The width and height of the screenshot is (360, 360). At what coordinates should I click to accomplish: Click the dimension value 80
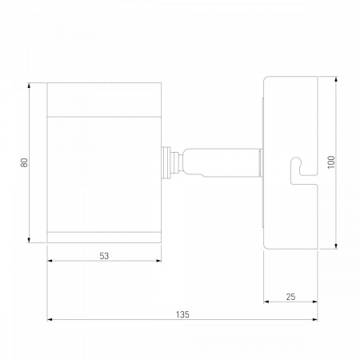tap(24, 162)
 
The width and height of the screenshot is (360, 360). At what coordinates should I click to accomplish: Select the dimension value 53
tap(104, 256)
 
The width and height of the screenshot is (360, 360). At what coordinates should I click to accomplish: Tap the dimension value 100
tap(331, 162)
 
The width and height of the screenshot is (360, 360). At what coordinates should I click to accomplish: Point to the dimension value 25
tap(290, 297)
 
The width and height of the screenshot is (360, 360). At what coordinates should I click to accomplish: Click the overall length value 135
tap(182, 314)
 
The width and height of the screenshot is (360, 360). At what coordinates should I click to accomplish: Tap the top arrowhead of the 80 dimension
tap(29, 86)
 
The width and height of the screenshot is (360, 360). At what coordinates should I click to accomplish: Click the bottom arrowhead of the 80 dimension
tap(29, 240)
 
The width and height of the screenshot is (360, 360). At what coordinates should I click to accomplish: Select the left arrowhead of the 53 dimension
tap(50, 261)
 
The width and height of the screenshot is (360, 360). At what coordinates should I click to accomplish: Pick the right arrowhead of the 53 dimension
tap(158, 261)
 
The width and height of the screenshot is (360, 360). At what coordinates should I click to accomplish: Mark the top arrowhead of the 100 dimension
tap(336, 79)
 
